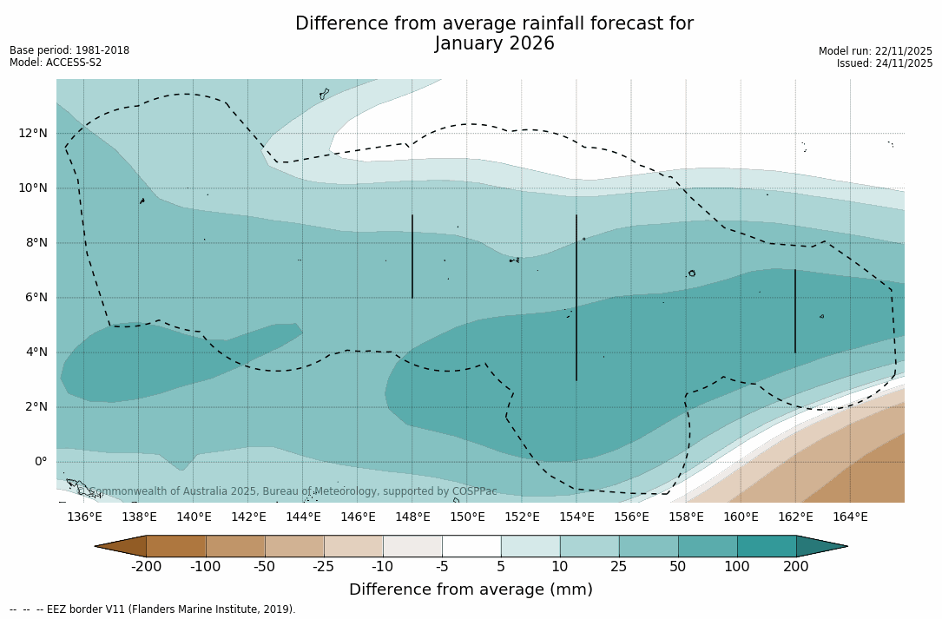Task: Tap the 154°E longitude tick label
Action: point(576,517)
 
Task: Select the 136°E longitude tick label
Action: point(84,517)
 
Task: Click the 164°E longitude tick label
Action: point(850,517)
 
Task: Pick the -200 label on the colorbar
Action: point(147,567)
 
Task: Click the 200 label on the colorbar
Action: point(796,567)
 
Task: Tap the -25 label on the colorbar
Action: point(324,567)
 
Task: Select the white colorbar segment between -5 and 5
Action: point(471,546)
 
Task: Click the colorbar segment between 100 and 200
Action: point(767,546)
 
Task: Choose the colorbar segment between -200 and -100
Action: point(176,546)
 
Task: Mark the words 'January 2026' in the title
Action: point(494,44)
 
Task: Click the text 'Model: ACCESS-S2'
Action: point(56,63)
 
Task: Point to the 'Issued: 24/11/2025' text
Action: point(884,63)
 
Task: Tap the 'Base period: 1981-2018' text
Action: point(69,50)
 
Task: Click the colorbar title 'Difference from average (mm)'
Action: point(471,590)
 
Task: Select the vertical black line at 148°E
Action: point(412,256)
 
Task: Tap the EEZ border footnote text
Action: point(153,609)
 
